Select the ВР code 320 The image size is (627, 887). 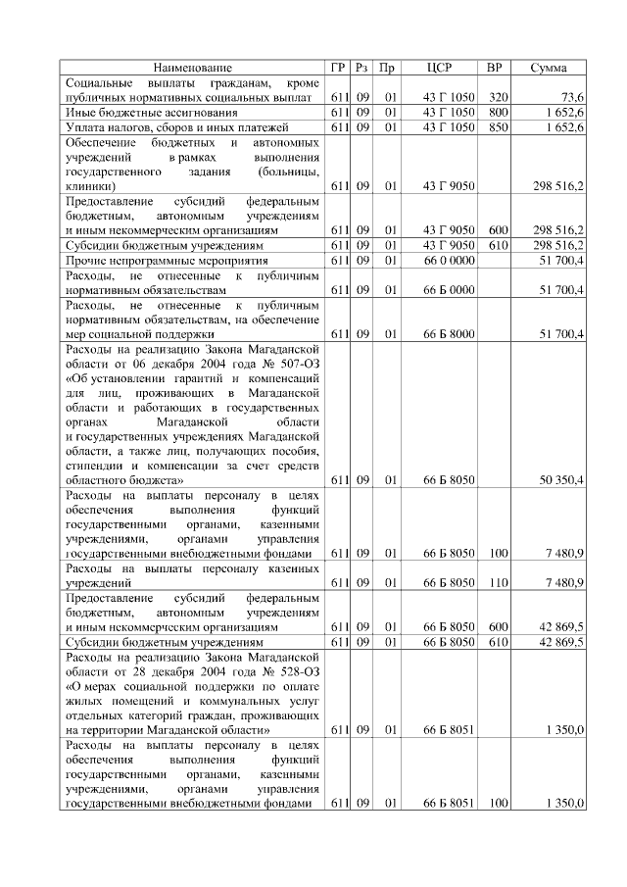[x=498, y=99]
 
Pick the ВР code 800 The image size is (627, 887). [x=498, y=113]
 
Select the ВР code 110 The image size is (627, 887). [x=498, y=583]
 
